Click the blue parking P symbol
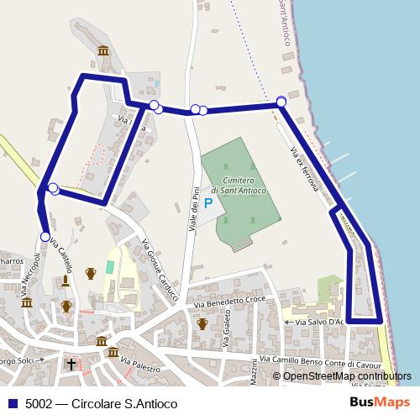tap(208, 203)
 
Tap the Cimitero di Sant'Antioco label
tap(239, 186)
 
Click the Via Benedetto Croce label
tap(229, 301)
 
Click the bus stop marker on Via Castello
tap(45, 237)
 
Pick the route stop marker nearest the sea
tap(281, 102)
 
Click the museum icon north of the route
tap(103, 51)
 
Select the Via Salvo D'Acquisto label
tap(315, 322)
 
